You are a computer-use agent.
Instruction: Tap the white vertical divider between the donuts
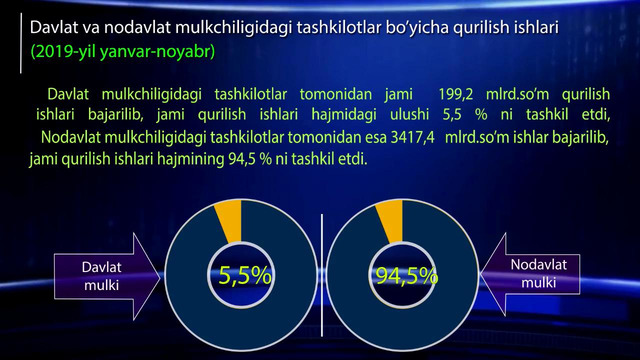322,275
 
